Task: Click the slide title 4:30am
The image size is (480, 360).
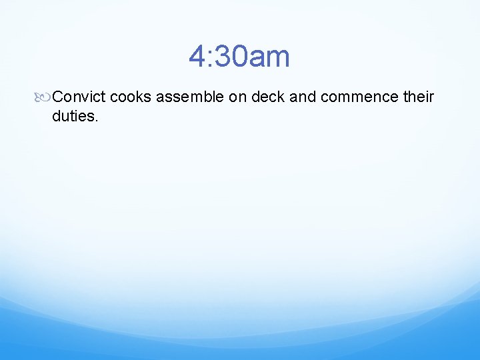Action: pyautogui.click(x=239, y=57)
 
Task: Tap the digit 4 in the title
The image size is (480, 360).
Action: pyautogui.click(x=197, y=57)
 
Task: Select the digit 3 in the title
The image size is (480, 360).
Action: pyautogui.click(x=221, y=57)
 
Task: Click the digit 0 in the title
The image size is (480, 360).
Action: pyautogui.click(x=237, y=57)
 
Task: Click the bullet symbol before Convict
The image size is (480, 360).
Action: pyautogui.click(x=45, y=97)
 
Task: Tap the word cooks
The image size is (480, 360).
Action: pyautogui.click(x=131, y=97)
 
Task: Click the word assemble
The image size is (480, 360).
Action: pyautogui.click(x=190, y=97)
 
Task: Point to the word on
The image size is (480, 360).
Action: pyautogui.click(x=238, y=97)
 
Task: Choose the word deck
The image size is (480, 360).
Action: pyautogui.click(x=269, y=97)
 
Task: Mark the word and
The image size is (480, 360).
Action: pyautogui.click(x=303, y=97)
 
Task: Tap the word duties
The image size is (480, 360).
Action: pyautogui.click(x=73, y=117)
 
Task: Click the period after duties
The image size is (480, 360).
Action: pyautogui.click(x=97, y=121)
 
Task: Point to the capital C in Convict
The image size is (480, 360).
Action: pyautogui.click(x=57, y=97)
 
